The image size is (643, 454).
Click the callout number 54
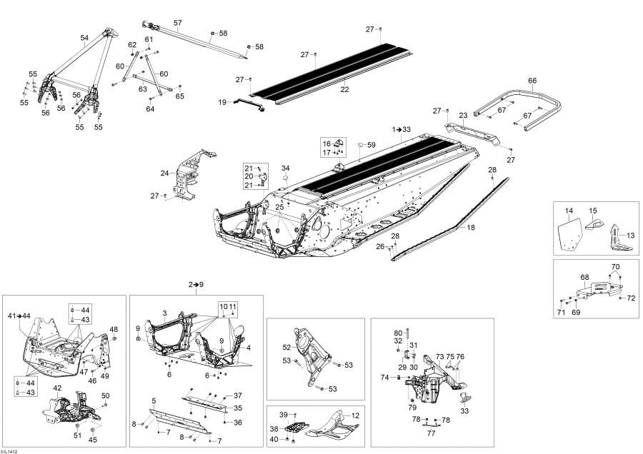pyautogui.click(x=84, y=38)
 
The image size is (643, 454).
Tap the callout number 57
pyautogui.click(x=177, y=24)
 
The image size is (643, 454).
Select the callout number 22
pyautogui.click(x=344, y=89)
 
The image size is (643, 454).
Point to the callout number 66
pyautogui.click(x=532, y=80)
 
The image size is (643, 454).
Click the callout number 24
pyautogui.click(x=164, y=173)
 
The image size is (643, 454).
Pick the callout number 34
pyautogui.click(x=285, y=168)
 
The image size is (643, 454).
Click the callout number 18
pyautogui.click(x=470, y=227)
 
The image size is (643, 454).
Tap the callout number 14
pyautogui.click(x=569, y=211)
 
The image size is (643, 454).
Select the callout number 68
pyautogui.click(x=584, y=277)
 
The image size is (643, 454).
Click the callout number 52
pyautogui.click(x=286, y=348)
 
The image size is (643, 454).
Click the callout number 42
pyautogui.click(x=58, y=388)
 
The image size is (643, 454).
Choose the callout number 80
pyautogui.click(x=398, y=333)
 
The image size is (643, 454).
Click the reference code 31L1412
pyautogui.click(x=10, y=449)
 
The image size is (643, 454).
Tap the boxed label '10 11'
pyautogui.click(x=227, y=306)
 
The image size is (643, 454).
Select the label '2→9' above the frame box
pyautogui.click(x=196, y=285)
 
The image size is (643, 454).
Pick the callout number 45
pyautogui.click(x=94, y=440)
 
